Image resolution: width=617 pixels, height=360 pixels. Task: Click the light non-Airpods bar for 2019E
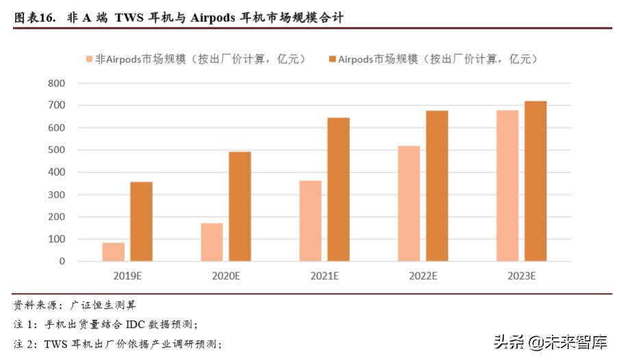tap(114, 252)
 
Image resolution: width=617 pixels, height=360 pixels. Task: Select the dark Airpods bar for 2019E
tap(141, 221)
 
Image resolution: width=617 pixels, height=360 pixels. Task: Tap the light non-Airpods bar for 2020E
tap(212, 242)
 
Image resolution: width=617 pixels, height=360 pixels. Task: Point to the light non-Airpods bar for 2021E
tap(310, 221)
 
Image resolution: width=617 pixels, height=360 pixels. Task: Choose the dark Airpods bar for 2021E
tap(338, 190)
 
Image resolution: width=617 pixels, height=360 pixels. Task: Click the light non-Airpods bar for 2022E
tap(409, 203)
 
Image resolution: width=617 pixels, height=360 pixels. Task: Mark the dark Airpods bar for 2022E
tap(437, 186)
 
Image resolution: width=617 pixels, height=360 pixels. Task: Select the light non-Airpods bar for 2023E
tap(507, 185)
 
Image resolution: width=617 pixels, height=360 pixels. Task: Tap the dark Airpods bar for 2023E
tap(536, 181)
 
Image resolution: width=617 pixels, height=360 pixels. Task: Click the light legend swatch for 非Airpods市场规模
tap(90, 60)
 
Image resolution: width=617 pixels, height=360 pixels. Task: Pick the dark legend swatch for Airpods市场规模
tap(332, 60)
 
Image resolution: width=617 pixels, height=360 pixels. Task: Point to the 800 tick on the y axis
tap(56, 83)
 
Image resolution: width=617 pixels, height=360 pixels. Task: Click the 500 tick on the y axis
tap(56, 150)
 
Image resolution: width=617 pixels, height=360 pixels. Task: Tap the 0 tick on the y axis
tap(62, 261)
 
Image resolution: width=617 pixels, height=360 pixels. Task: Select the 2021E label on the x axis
tap(324, 277)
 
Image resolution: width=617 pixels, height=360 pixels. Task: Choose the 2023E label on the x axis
tap(521, 277)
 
